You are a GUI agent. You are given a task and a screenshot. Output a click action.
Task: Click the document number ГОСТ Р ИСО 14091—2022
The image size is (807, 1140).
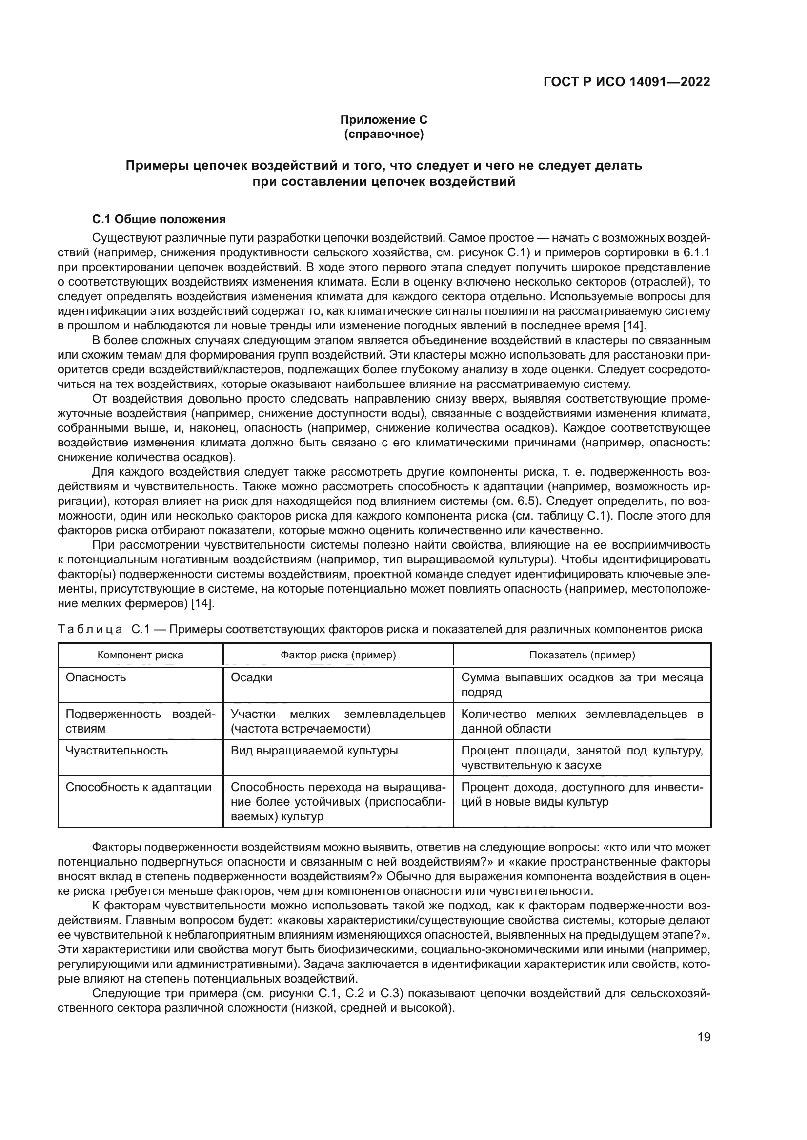[x=626, y=82]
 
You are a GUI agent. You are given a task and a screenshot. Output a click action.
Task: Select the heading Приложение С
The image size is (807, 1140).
[x=383, y=120]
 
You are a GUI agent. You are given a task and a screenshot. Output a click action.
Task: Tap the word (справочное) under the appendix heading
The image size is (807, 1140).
[x=383, y=134]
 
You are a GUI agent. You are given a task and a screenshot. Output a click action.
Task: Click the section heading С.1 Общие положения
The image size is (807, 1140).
[x=159, y=219]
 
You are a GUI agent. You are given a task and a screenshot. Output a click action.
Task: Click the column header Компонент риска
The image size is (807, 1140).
[x=140, y=655]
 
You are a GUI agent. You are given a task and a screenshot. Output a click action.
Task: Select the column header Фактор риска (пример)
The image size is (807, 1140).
[x=338, y=655]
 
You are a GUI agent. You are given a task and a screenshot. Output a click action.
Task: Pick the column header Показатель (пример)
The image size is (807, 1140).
[x=582, y=655]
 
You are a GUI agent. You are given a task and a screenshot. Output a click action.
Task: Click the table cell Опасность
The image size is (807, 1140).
[x=96, y=678]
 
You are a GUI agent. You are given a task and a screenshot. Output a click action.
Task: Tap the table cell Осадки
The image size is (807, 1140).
[x=251, y=678]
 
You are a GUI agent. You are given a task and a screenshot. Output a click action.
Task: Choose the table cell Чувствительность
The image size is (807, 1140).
[x=117, y=750]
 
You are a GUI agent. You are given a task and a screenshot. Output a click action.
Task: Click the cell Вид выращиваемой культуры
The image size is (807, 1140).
[x=314, y=750]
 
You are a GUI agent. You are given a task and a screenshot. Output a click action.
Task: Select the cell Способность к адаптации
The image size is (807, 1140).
[x=138, y=787]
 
